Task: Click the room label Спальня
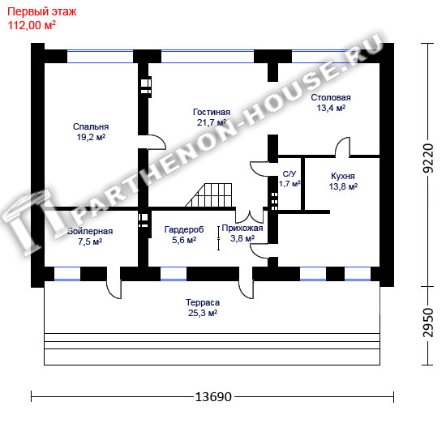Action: (91, 126)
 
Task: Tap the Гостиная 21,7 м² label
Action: (212, 117)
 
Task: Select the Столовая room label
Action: (331, 97)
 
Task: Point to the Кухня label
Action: (343, 176)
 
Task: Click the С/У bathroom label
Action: (289, 174)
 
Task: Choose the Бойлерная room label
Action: (90, 231)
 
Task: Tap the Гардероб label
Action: (184, 229)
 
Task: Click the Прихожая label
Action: (242, 228)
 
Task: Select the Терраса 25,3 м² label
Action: (203, 307)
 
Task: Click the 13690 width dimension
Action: (213, 397)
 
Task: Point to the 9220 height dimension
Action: (428, 158)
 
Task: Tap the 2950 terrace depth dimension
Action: (428, 323)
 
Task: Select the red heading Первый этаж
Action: (42, 12)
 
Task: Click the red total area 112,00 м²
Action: (32, 25)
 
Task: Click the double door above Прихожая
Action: (250, 217)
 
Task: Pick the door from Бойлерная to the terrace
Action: (114, 289)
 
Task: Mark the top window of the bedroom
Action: (100, 56)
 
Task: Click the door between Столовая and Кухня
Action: (342, 147)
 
